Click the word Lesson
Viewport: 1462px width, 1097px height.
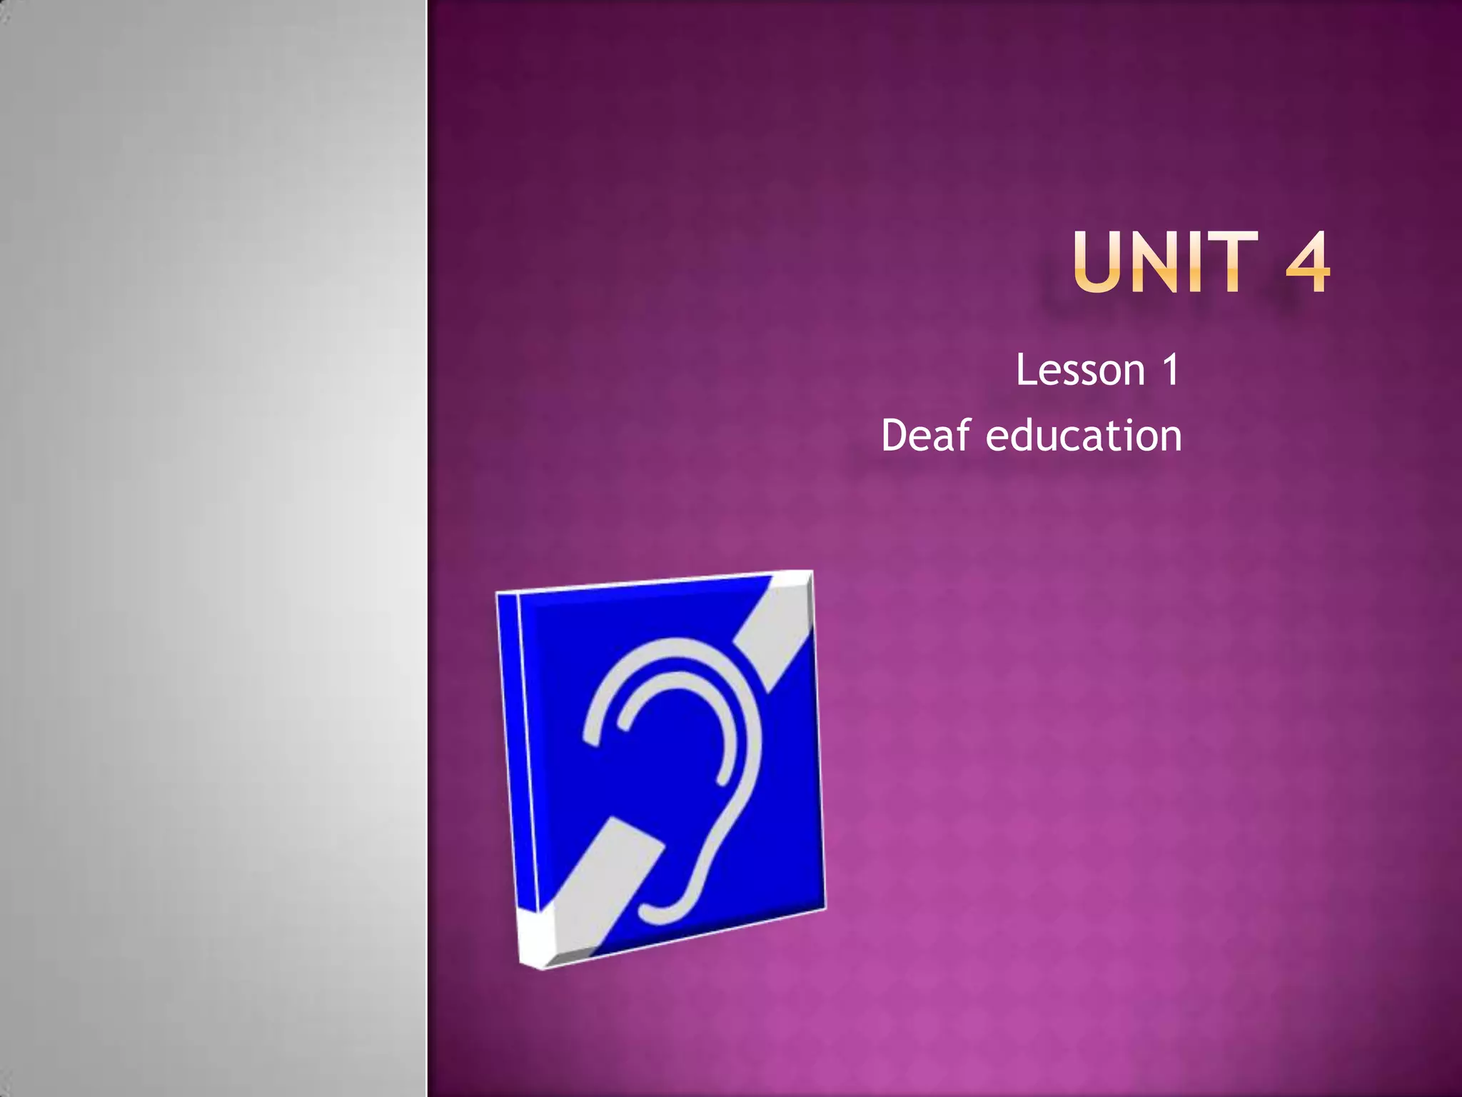(x=1080, y=371)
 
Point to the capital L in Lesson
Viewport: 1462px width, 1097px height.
(x=1027, y=371)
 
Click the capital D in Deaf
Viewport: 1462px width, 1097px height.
(x=895, y=436)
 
